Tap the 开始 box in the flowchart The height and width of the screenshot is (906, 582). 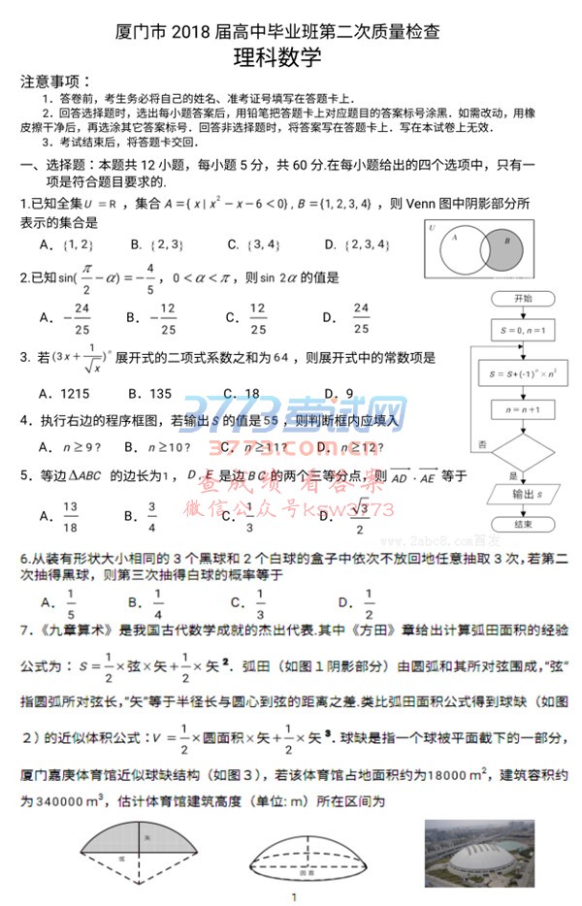tap(523, 299)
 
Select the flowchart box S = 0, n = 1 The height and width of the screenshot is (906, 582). tap(523, 330)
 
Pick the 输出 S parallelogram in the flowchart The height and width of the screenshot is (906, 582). tap(523, 494)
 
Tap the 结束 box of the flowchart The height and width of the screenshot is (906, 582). tap(523, 524)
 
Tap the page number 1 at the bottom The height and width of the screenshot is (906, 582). tap(292, 897)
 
